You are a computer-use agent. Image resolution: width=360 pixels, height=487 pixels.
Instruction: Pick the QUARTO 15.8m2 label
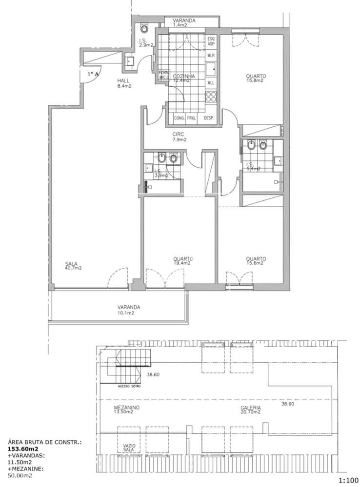[256, 78]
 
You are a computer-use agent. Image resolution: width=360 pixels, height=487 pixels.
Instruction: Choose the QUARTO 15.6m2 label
[256, 261]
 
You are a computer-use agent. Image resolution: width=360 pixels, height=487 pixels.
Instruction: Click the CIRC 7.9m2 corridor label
[180, 137]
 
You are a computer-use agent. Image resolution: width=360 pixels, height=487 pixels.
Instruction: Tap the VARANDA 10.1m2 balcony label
[129, 310]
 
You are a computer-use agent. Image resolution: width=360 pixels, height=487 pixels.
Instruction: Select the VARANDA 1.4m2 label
[185, 23]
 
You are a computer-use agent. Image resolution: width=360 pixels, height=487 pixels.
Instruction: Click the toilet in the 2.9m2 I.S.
[142, 26]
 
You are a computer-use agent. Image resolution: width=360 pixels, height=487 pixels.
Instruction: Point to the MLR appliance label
[211, 56]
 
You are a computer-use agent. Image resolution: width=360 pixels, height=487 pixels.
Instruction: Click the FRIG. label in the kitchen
[191, 118]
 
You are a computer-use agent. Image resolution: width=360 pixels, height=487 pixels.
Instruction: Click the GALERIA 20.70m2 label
[251, 409]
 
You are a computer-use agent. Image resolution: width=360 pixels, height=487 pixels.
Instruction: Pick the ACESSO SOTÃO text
[128, 386]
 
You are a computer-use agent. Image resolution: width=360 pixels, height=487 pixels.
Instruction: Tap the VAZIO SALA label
[129, 447]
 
